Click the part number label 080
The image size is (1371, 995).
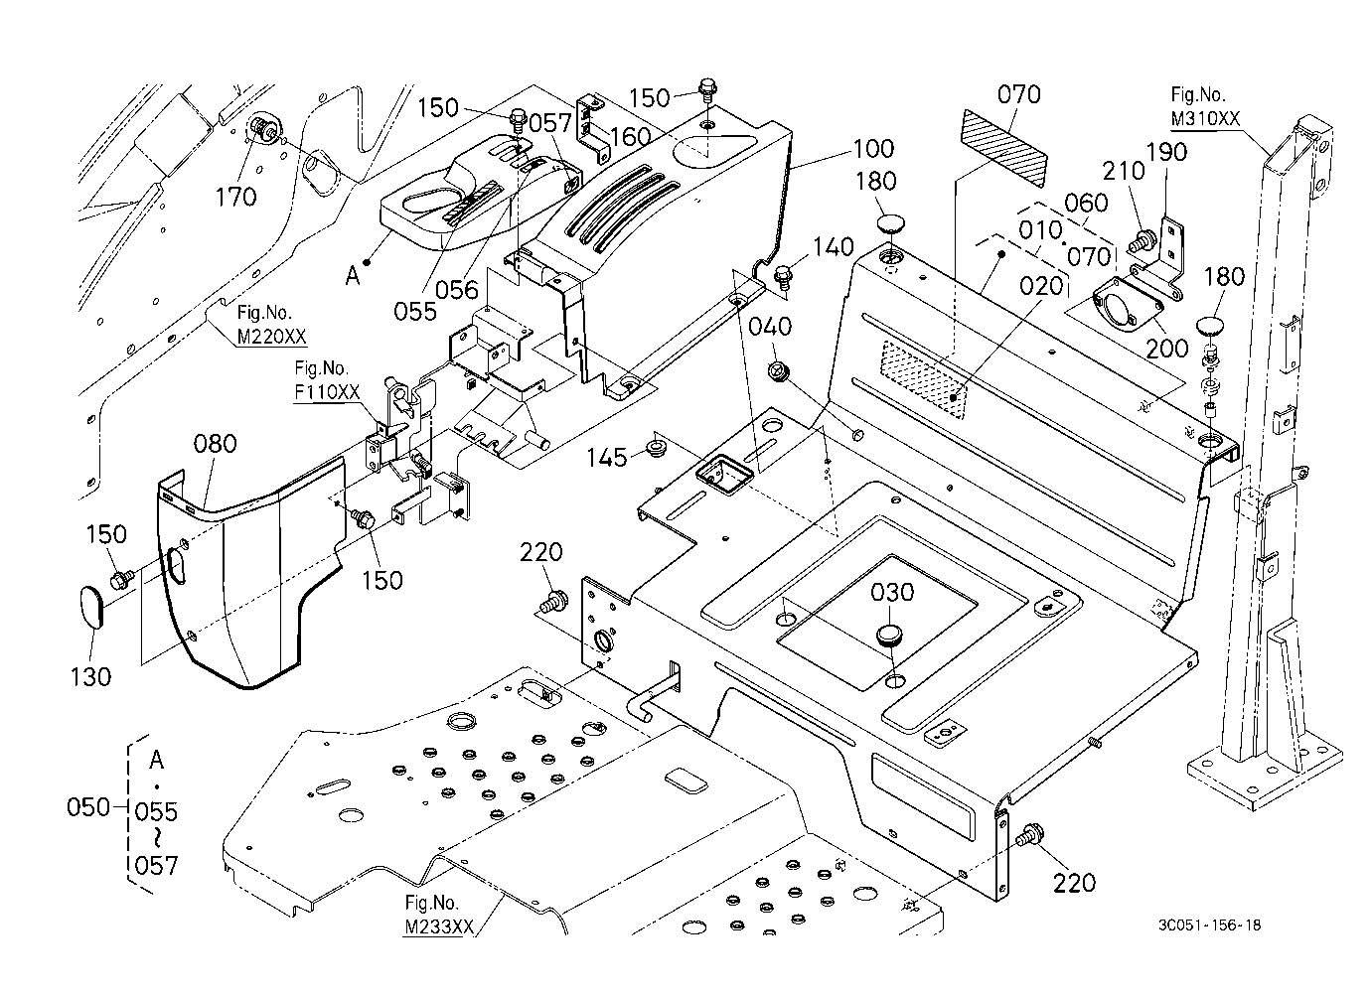[215, 444]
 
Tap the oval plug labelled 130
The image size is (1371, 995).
[92, 607]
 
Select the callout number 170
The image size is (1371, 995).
[235, 197]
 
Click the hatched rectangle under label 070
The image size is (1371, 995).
[1004, 148]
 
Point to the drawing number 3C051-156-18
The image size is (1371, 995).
[1209, 925]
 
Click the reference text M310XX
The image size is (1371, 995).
[1205, 119]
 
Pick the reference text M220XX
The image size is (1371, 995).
[272, 336]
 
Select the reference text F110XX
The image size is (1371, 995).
[327, 391]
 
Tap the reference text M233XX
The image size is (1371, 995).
[439, 927]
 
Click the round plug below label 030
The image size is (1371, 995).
[889, 635]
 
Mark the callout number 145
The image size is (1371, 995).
[607, 457]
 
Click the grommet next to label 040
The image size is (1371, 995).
[779, 370]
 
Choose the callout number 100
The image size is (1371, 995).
[873, 148]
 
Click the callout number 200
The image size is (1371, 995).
[1166, 349]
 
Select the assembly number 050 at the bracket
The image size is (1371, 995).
[88, 807]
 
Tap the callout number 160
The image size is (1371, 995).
[631, 136]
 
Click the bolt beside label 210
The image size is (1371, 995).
[1142, 239]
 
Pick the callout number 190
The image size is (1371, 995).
[1166, 152]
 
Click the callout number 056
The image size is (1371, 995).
[457, 289]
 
